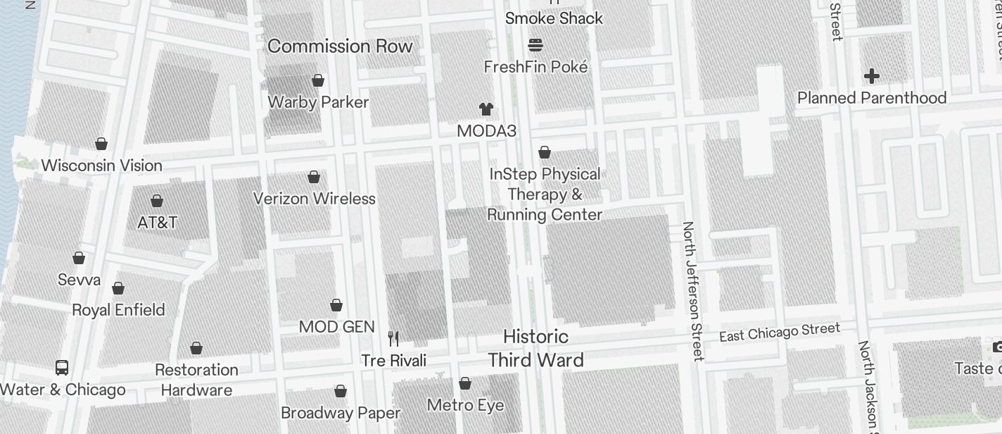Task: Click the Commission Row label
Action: coord(340,46)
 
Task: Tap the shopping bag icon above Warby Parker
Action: coord(318,81)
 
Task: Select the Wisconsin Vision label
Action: coord(102,166)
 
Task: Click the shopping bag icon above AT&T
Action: coord(157,201)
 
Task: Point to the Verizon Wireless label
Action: coord(315,199)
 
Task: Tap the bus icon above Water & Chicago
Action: coord(62,368)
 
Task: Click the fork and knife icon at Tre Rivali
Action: coord(393,339)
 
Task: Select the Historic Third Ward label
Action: coord(535,348)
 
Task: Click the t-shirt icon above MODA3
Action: coord(486,109)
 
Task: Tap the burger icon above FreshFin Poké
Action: coord(535,46)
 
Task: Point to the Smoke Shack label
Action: coord(554,18)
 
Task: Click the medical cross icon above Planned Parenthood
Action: coord(872,76)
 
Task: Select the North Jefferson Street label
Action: coord(692,291)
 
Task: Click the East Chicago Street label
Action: coord(780,332)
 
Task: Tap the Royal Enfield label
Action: coord(118,310)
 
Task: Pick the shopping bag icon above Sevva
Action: coord(79,259)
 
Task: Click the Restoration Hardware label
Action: coord(196,380)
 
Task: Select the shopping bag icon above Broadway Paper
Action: coord(341,392)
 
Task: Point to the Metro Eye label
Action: coord(466,405)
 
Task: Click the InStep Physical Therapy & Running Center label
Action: coord(545,194)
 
